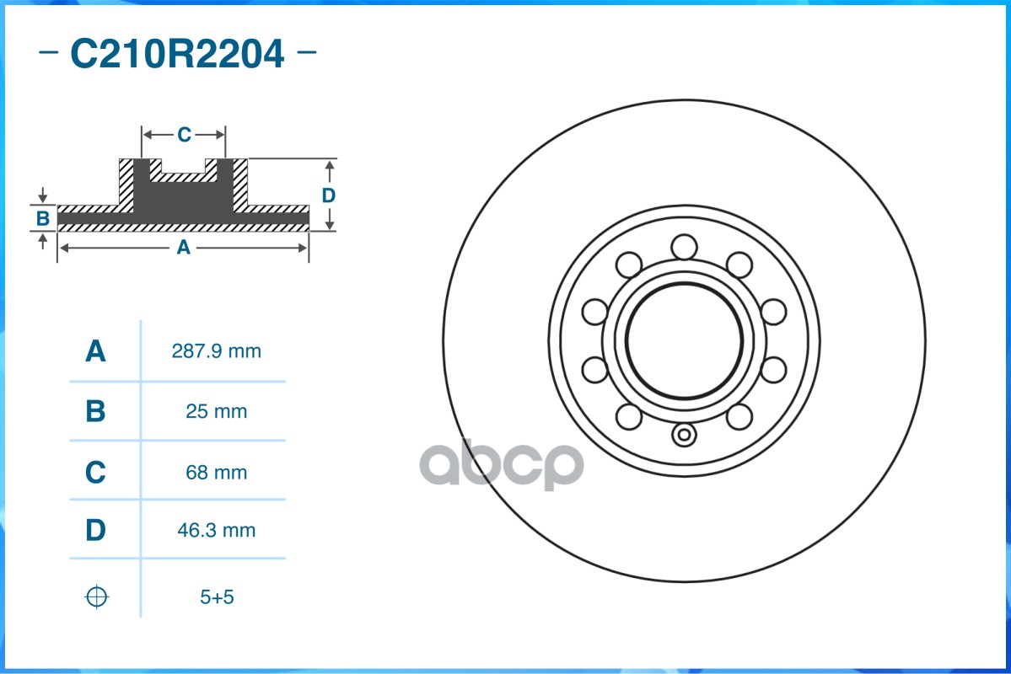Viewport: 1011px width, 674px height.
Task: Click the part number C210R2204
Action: click(x=177, y=55)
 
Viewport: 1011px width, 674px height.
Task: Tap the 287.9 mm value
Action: click(x=217, y=351)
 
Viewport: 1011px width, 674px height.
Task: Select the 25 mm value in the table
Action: click(x=217, y=412)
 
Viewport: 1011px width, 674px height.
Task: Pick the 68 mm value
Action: click(x=217, y=473)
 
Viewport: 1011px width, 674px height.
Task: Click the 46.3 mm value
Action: click(x=217, y=531)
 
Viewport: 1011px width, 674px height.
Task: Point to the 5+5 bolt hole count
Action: click(x=217, y=597)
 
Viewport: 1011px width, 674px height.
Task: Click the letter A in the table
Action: click(x=96, y=351)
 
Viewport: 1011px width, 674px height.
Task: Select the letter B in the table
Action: click(x=96, y=412)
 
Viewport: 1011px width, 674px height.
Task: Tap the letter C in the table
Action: click(x=96, y=473)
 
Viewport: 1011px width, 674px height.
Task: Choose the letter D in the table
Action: click(x=96, y=531)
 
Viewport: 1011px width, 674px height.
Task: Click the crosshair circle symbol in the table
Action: click(x=97, y=597)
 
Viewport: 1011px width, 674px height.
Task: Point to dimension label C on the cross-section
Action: click(x=184, y=135)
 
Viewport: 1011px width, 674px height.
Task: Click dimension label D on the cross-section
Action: click(x=329, y=195)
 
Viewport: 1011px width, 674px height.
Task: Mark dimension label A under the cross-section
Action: click(x=183, y=248)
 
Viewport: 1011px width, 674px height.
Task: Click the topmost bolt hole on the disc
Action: click(x=684, y=248)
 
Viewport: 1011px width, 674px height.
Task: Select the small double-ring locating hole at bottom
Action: click(x=684, y=436)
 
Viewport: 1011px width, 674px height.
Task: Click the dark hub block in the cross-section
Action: click(x=183, y=198)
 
